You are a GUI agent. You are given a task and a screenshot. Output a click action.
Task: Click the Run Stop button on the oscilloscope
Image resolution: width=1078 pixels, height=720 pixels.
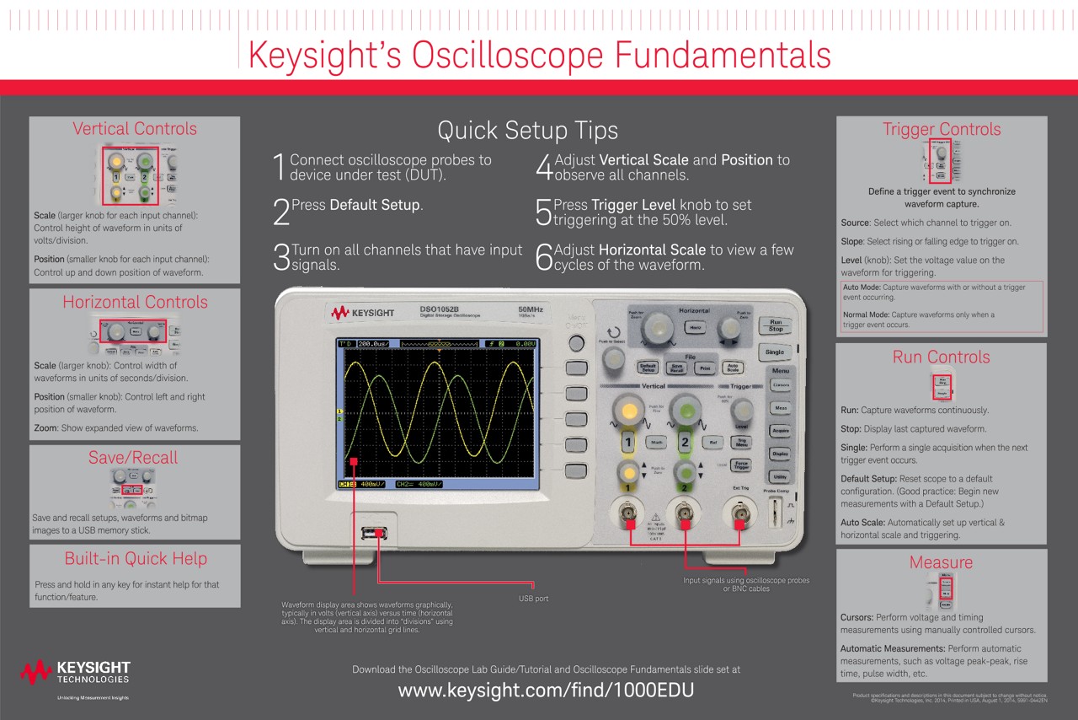click(775, 325)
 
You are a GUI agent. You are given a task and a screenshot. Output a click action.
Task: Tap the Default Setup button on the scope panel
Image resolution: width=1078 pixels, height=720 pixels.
click(648, 368)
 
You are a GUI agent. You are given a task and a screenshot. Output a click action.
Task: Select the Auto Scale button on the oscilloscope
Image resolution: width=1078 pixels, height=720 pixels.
click(733, 368)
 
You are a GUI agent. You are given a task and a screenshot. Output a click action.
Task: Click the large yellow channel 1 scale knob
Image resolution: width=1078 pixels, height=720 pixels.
click(627, 411)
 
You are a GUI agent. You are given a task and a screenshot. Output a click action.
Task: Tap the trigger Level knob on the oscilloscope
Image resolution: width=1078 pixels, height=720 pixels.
click(742, 409)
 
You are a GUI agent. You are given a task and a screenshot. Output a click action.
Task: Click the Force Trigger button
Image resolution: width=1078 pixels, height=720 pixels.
click(740, 465)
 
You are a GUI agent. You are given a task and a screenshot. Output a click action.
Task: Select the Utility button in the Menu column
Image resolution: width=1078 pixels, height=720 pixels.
click(780, 476)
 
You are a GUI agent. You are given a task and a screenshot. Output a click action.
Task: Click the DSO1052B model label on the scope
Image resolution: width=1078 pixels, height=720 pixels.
click(440, 309)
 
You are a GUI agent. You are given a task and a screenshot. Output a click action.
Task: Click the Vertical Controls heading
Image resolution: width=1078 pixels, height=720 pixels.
click(135, 129)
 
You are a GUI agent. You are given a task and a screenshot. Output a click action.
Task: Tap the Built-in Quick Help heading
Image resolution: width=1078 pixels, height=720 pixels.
click(136, 558)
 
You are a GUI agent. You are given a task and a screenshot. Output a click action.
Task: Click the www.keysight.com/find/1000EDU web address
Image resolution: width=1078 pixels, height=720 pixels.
click(546, 690)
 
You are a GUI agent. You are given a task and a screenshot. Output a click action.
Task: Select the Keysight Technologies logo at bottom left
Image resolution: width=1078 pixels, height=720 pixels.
click(76, 672)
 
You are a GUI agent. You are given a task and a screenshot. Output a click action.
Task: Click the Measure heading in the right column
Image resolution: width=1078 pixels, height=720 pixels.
click(941, 562)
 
